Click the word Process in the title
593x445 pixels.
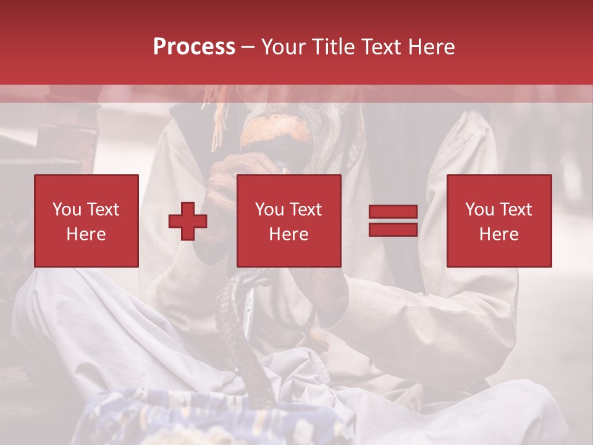[x=194, y=47]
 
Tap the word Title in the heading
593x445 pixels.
[x=334, y=47]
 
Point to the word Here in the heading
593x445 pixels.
[x=431, y=47]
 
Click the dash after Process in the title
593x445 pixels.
[x=248, y=47]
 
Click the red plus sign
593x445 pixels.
[x=188, y=221]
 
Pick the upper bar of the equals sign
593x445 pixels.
[x=393, y=212]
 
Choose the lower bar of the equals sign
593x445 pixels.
[x=393, y=229]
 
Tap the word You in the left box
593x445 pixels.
[x=67, y=210]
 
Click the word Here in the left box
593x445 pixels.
[x=86, y=234]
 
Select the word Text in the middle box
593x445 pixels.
[x=306, y=210]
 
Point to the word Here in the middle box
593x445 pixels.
[x=288, y=234]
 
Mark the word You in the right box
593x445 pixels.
[x=479, y=210]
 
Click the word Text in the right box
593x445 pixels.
[x=516, y=210]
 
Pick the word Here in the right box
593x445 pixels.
[x=498, y=234]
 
